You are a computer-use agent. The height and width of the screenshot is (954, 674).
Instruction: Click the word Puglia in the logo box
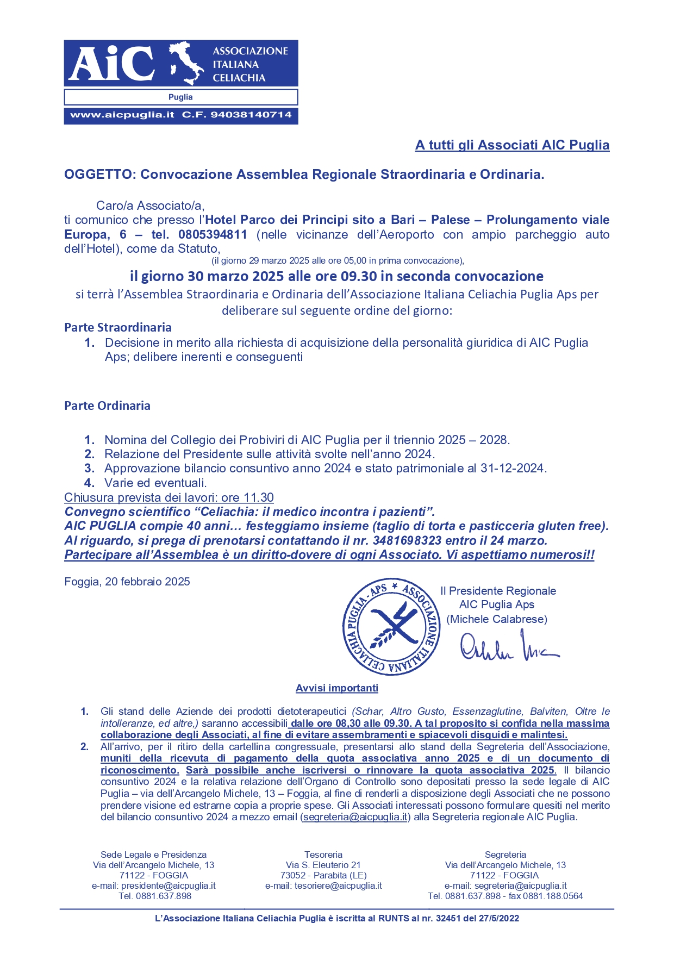pos(180,97)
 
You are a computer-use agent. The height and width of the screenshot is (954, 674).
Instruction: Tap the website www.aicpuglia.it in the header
pos(122,115)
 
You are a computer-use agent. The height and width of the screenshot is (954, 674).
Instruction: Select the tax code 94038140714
pos(251,115)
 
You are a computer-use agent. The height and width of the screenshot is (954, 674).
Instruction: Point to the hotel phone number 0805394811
pos(213,235)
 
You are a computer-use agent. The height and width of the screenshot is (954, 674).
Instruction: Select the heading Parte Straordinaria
pos(118,328)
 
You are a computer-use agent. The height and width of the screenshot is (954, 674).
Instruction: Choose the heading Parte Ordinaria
pos(107,406)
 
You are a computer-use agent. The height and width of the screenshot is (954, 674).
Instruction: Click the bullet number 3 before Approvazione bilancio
pos(90,469)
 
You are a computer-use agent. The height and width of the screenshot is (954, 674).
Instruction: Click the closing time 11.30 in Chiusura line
pos(259,498)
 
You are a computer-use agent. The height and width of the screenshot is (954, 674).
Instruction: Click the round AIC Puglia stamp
pos(391,626)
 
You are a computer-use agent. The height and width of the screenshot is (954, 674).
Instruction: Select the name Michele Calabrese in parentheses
pos(497,619)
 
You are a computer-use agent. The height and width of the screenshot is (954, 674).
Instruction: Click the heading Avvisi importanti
pos(337,688)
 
